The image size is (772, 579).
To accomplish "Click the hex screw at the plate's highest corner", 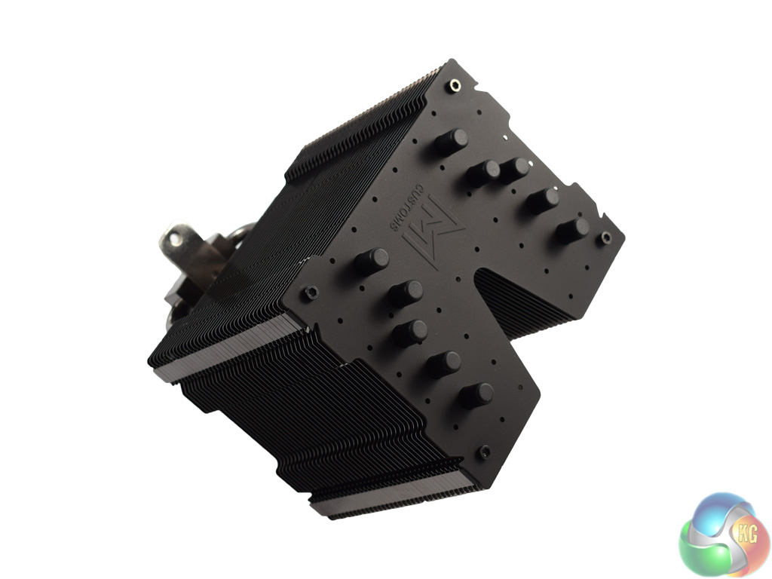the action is point(455,86).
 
